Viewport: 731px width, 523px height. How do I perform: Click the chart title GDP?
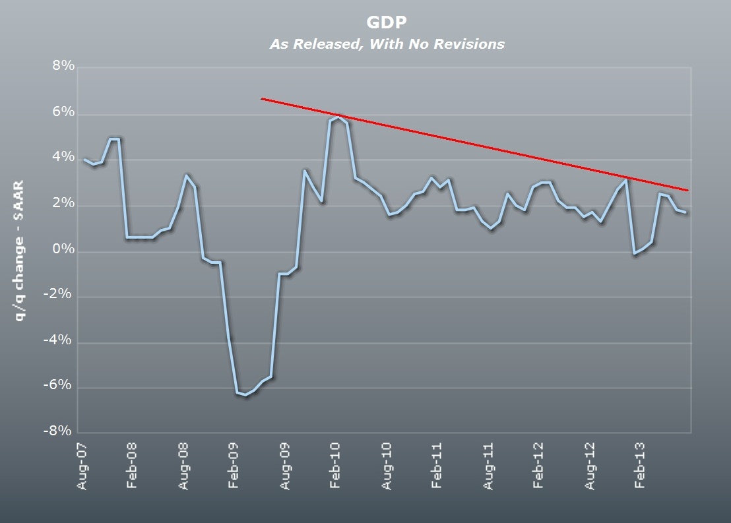pos(387,22)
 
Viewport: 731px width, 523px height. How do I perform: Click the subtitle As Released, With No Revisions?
pos(387,44)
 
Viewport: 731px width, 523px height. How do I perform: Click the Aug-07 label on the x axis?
pos(82,466)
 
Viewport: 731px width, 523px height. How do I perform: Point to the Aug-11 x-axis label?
pos(489,466)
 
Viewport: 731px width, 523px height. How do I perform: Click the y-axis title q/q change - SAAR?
pos(20,251)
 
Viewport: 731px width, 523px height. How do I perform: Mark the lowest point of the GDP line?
pos(245,394)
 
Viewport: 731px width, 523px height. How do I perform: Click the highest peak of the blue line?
pos(338,118)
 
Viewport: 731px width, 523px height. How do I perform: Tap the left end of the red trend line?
pos(262,98)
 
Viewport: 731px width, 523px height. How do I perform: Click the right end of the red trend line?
pos(688,190)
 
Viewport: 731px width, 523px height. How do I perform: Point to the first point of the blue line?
pos(84,160)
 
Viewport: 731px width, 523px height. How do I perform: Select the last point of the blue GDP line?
pos(686,212)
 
